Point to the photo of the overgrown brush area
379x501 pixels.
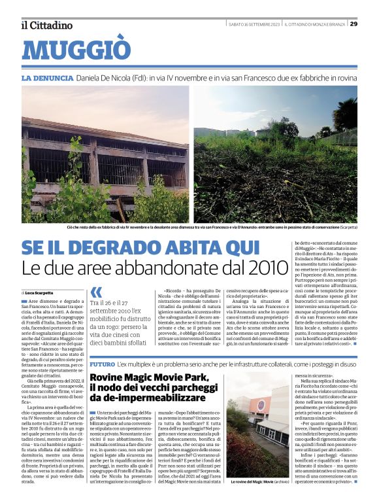pyautogui.click(x=275, y=154)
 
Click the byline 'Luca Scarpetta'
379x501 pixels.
pyautogui.click(x=39, y=292)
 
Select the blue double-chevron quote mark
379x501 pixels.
pyautogui.click(x=96, y=292)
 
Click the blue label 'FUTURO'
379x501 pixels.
pyautogui.click(x=103, y=363)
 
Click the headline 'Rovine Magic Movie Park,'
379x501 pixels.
pyautogui.click(x=149, y=377)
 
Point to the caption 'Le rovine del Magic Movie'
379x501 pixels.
pyautogui.click(x=250, y=482)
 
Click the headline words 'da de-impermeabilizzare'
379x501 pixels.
pyautogui.click(x=148, y=398)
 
